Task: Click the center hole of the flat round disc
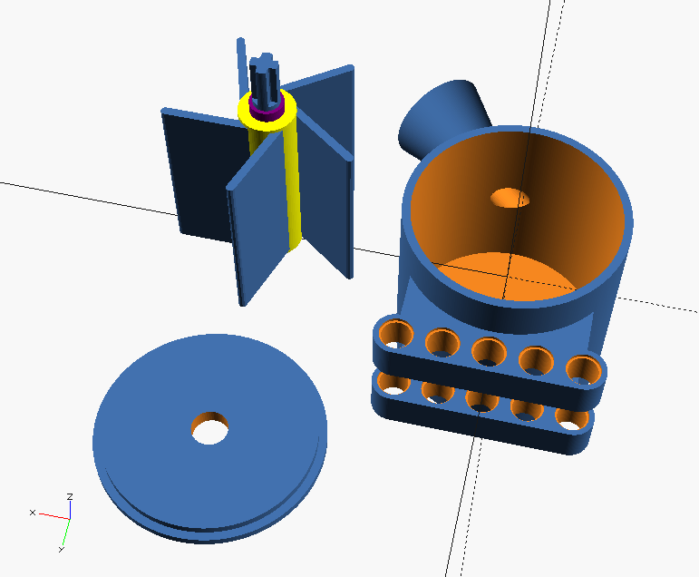pyautogui.click(x=211, y=426)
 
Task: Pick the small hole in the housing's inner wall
pyautogui.click(x=509, y=197)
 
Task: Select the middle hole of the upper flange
pyautogui.click(x=489, y=350)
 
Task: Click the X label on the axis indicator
pyautogui.click(x=32, y=513)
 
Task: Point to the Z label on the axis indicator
pyautogui.click(x=70, y=496)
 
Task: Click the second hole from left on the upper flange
pyautogui.click(x=442, y=342)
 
